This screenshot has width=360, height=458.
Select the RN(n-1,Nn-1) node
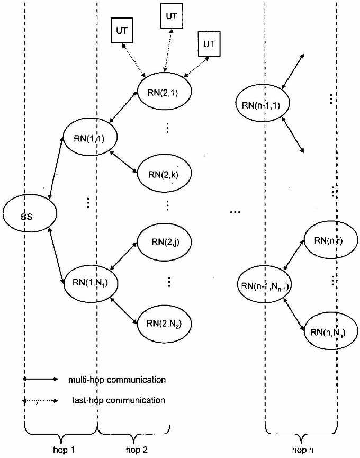pyautogui.click(x=265, y=286)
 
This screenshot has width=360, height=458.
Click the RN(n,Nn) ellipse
pyautogui.click(x=328, y=333)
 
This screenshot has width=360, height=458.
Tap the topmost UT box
pyautogui.click(x=172, y=16)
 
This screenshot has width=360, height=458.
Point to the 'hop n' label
pyautogui.click(x=303, y=449)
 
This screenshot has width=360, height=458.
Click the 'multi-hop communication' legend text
pyautogui.click(x=117, y=380)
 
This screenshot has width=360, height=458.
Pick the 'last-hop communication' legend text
pyautogui.click(x=117, y=400)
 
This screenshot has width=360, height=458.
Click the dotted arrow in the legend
pyautogui.click(x=40, y=401)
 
